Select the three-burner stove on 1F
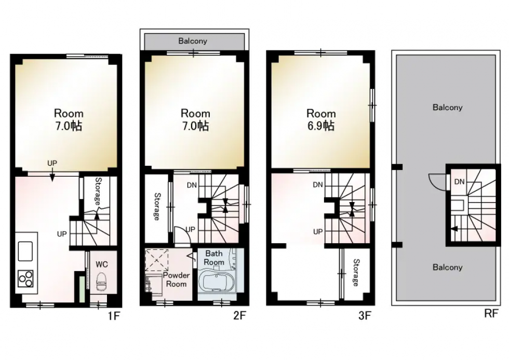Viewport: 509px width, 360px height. click(x=25, y=278)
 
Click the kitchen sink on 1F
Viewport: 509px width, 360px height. click(x=25, y=251)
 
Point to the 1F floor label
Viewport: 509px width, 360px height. click(x=114, y=316)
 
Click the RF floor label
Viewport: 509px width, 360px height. click(x=491, y=314)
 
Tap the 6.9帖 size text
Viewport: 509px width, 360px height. click(x=321, y=126)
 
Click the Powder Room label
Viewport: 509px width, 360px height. click(x=176, y=279)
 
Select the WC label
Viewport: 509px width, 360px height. click(x=102, y=264)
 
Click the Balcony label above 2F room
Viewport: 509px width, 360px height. click(x=193, y=41)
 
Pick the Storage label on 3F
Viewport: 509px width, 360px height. click(x=356, y=272)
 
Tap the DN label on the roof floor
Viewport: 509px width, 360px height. click(x=459, y=182)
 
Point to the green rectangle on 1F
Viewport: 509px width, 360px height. click(x=82, y=289)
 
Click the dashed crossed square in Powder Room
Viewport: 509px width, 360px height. click(x=156, y=260)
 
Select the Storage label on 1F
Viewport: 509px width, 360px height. click(x=98, y=191)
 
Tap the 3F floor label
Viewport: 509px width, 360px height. click(x=365, y=315)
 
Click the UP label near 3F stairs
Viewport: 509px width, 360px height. click(x=318, y=232)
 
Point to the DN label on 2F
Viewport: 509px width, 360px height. click(x=192, y=185)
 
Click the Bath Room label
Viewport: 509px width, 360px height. click(x=214, y=258)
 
